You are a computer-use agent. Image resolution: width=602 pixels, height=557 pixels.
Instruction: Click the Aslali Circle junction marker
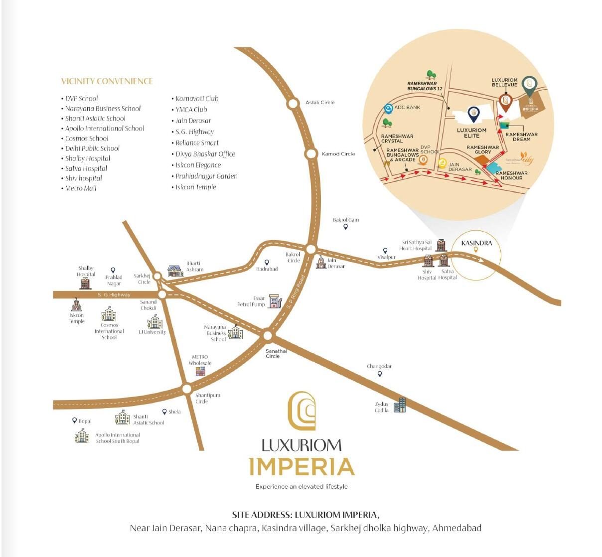pos(292,104)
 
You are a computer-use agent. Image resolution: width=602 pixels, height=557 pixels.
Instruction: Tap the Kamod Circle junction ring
pos(311,154)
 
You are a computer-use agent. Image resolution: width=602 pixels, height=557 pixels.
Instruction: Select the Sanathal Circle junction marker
pos(268,336)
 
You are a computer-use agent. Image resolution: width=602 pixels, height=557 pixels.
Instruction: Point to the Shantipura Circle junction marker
pos(186,389)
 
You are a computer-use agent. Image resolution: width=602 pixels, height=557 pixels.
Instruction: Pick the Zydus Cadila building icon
pos(400,405)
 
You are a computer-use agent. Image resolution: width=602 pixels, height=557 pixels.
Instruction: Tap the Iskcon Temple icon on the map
pos(76,304)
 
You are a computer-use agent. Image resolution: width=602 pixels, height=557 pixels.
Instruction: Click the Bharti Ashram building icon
pos(175,271)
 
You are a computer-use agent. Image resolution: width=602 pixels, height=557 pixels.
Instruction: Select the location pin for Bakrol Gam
pos(345,227)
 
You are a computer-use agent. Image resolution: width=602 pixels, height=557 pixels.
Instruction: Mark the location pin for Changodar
pos(380,374)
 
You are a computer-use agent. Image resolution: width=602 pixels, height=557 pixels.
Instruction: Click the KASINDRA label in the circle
pos(476,243)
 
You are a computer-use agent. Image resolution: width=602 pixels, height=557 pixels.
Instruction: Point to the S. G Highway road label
pos(114,295)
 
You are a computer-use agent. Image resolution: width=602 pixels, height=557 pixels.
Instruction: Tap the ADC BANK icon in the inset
pos(388,108)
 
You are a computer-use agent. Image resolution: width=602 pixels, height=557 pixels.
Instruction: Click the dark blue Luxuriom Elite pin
pos(473,114)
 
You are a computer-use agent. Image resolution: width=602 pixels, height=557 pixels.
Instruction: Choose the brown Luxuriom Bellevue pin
pos(505,102)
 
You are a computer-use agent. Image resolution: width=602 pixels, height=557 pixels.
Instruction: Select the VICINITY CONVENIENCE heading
pos(107,81)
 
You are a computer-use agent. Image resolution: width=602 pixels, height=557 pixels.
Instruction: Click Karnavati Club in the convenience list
pos(197,99)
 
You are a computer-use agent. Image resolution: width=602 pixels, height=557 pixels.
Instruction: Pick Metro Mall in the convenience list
pos(81,188)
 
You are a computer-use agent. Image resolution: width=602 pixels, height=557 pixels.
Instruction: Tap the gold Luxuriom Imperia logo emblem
pos(302,411)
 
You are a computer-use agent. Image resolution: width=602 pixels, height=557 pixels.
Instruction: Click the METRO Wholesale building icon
pos(200,371)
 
